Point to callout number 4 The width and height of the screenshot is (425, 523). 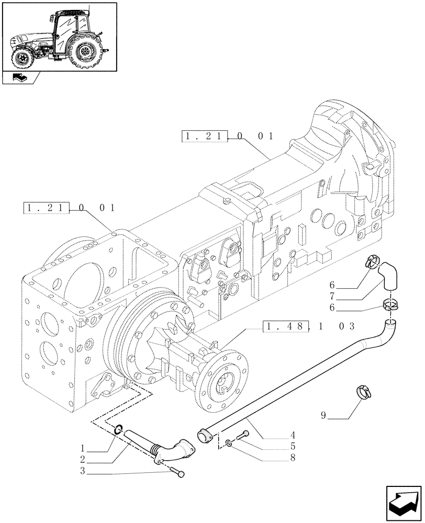[293, 435]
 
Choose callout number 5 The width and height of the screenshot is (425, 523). [293, 447]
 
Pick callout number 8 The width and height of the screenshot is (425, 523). [293, 459]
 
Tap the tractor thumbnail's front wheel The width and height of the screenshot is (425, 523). [23, 58]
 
